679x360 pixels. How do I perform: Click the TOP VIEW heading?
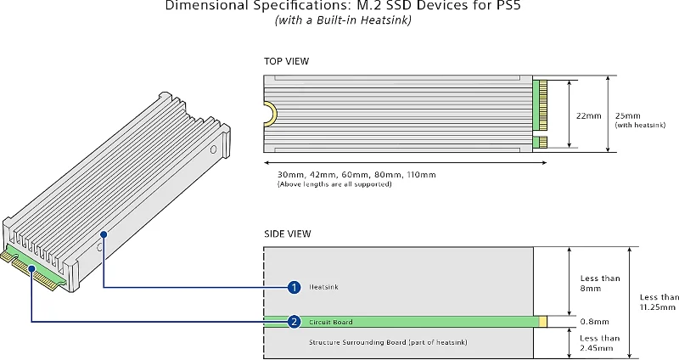tap(286, 62)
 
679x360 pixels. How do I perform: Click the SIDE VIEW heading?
tap(287, 233)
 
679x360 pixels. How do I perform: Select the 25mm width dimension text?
tap(629, 115)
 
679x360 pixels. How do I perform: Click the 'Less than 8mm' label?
tap(600, 284)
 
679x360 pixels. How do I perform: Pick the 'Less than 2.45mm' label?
tap(600, 343)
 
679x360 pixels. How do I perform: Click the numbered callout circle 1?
tap(294, 287)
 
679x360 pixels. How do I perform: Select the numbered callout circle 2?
tap(294, 322)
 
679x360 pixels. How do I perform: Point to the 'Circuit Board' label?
tap(330, 322)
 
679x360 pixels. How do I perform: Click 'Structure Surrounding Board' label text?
tap(388, 341)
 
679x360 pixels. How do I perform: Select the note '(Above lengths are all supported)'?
tap(334, 184)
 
